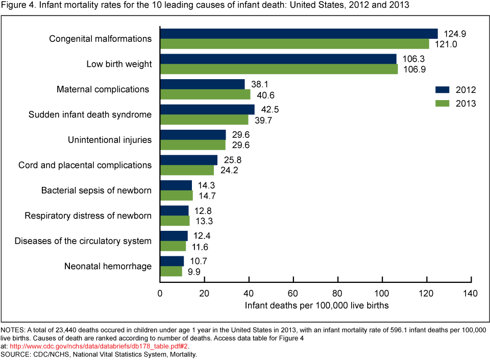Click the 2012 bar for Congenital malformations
[x=299, y=34]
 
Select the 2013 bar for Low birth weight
[x=279, y=69]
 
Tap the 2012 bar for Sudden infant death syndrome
[x=207, y=109]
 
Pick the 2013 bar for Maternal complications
[x=205, y=94]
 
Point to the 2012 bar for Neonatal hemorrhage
[x=172, y=261]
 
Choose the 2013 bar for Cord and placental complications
[x=187, y=170]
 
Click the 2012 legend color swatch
[x=442, y=90]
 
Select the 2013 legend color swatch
[x=442, y=103]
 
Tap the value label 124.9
[x=454, y=34]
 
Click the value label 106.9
[x=414, y=69]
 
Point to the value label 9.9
[x=194, y=272]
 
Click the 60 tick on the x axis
[x=293, y=294]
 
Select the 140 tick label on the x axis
[x=470, y=294]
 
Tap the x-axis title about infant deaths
[x=316, y=306]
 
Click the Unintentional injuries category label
[x=110, y=140]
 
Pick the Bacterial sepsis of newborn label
[x=96, y=190]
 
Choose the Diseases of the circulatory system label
[x=83, y=241]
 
